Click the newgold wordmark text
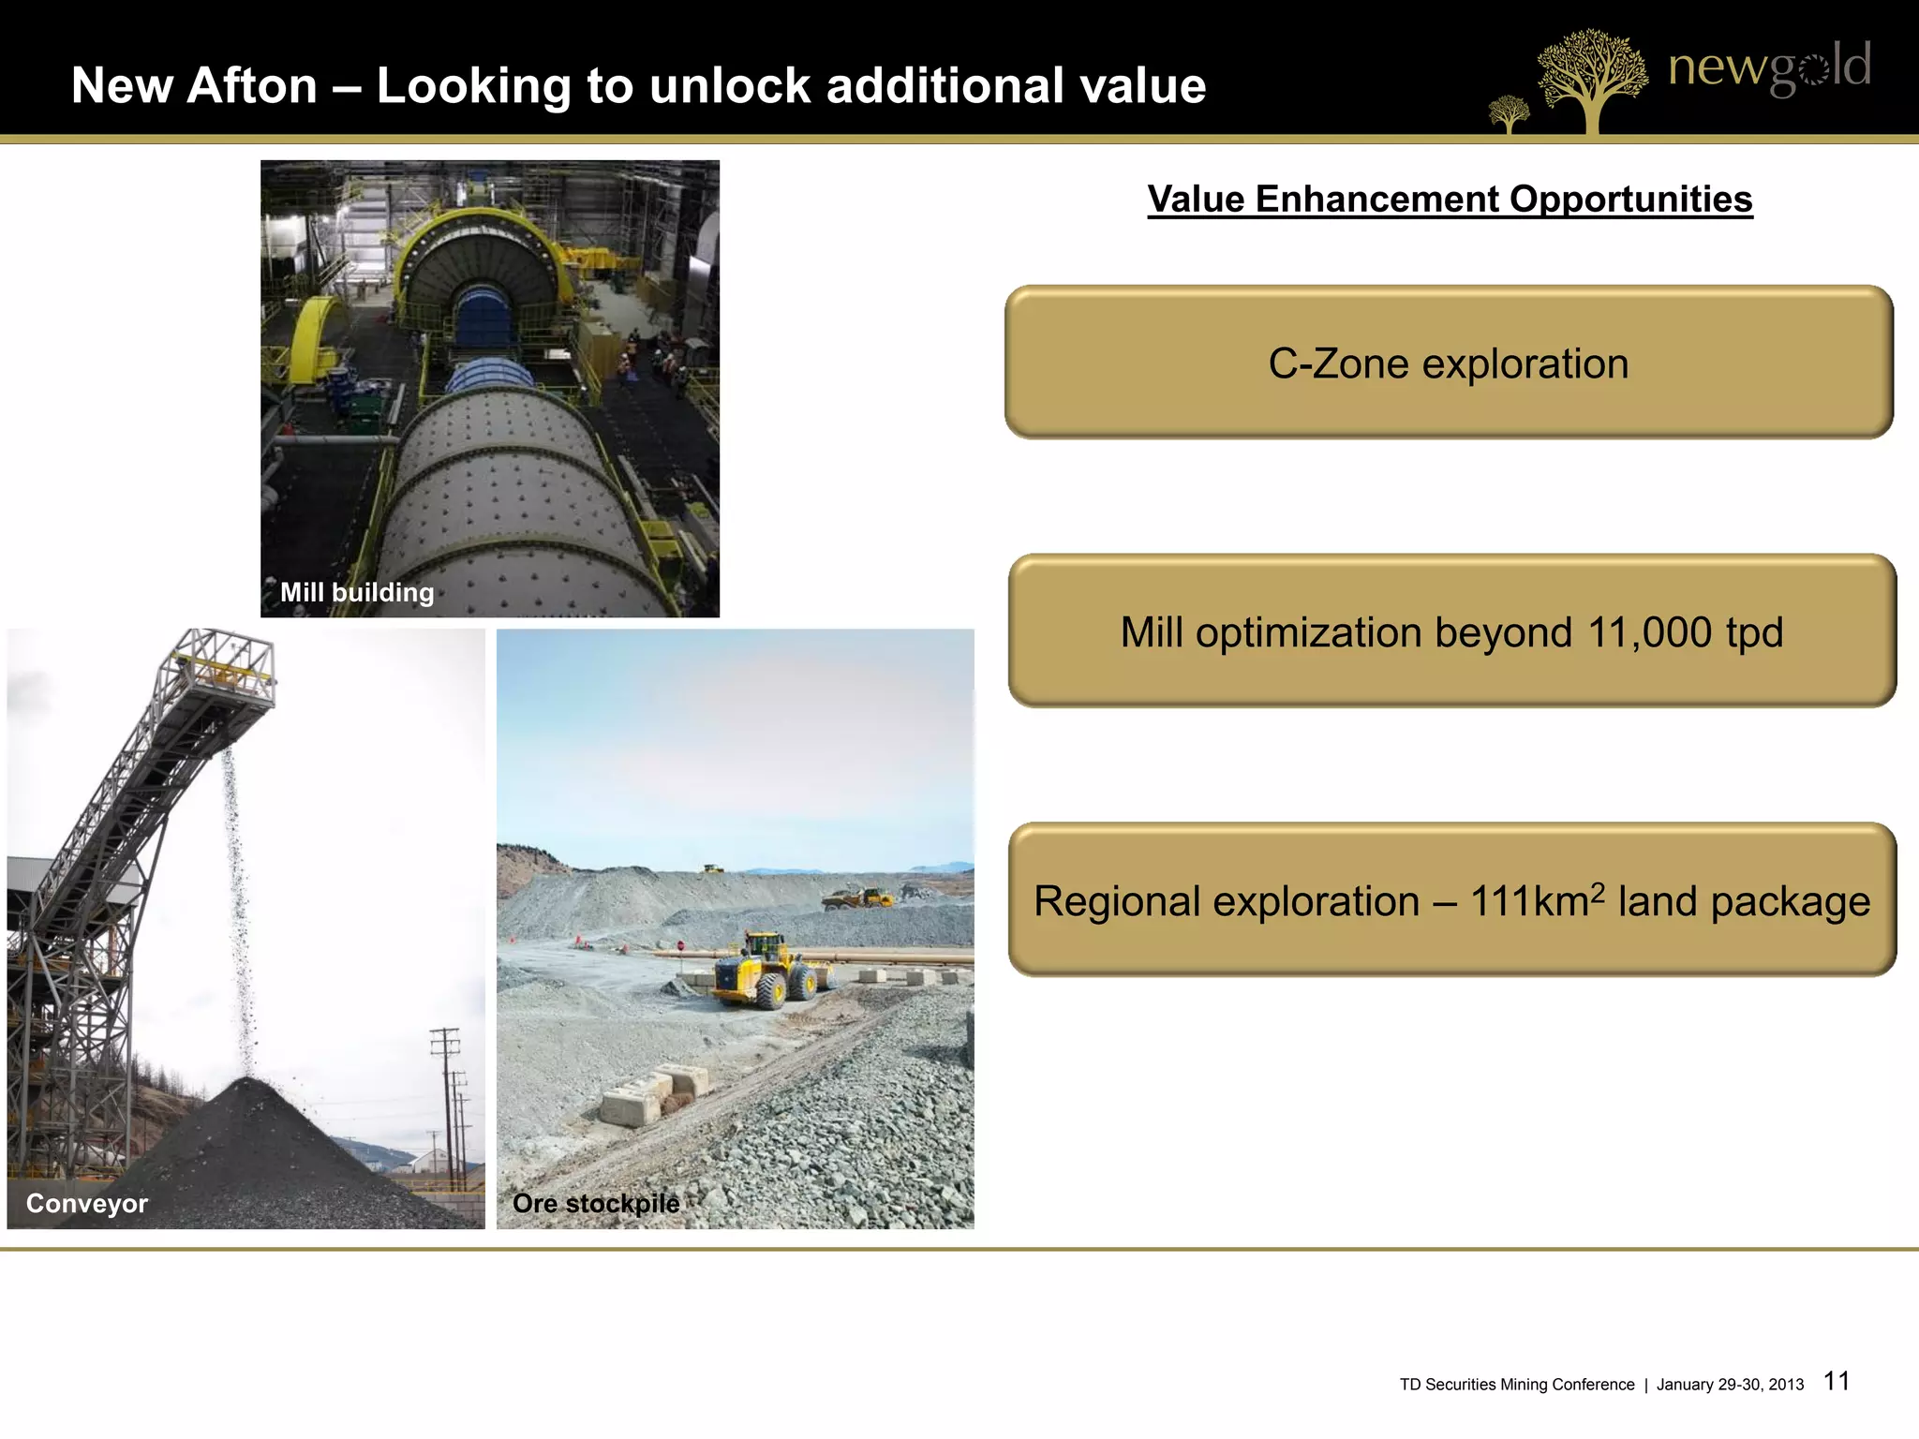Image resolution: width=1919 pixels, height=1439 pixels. click(x=1769, y=67)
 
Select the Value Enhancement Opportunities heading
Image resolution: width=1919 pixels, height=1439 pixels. click(x=1450, y=200)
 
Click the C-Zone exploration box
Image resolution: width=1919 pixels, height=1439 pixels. click(x=1449, y=363)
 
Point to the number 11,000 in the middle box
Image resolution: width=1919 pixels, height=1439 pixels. click(x=1650, y=632)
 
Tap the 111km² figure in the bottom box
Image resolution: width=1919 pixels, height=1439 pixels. click(x=1537, y=901)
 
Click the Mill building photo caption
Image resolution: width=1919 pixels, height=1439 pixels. click(x=357, y=592)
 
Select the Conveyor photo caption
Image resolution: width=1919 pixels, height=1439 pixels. click(x=87, y=1203)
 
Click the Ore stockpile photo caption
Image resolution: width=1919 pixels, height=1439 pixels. click(x=596, y=1203)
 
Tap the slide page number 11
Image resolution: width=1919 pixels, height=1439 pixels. click(x=1837, y=1381)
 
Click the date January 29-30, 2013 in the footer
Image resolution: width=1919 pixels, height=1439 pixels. click(x=1730, y=1385)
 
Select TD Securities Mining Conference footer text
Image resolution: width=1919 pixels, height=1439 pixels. click(x=1517, y=1385)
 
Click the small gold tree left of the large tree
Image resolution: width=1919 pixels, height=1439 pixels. click(x=1509, y=113)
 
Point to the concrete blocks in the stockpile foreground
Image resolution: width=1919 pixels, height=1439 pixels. click(x=647, y=1096)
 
